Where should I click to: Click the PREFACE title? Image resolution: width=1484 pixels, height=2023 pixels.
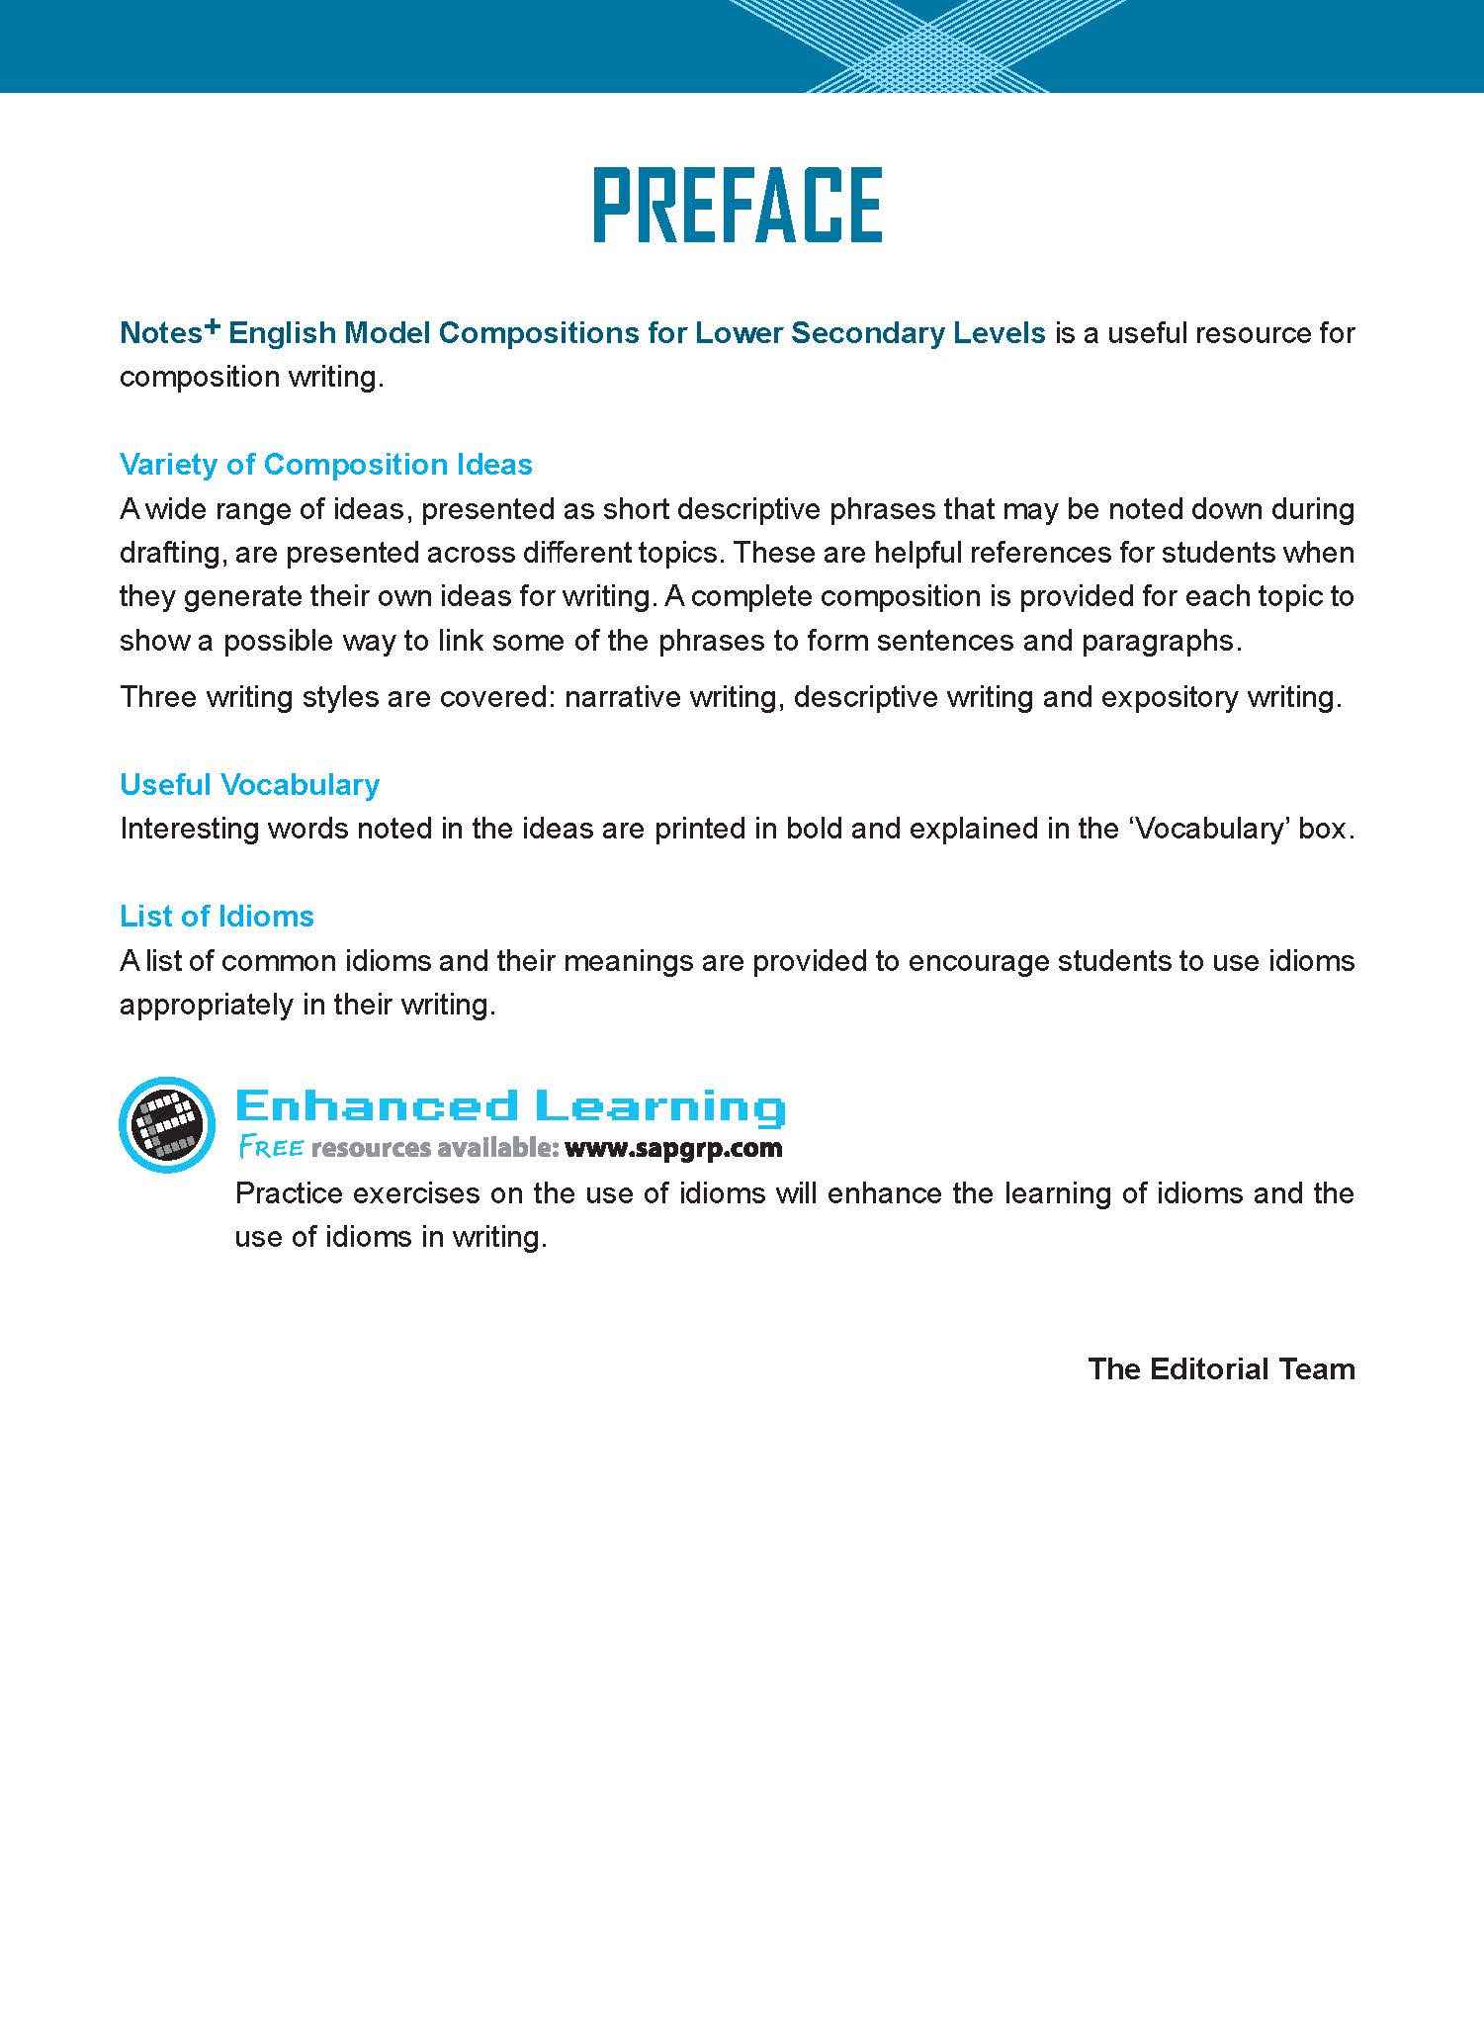coord(738,205)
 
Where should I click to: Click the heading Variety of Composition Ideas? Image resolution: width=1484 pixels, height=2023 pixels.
coord(325,464)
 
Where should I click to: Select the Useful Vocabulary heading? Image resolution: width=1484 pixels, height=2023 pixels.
coord(249,784)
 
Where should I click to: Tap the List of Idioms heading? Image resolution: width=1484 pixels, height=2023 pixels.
coord(217,916)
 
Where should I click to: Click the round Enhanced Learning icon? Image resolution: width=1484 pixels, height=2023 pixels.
coord(166,1123)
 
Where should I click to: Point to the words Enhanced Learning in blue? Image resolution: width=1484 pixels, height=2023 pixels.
coord(510,1105)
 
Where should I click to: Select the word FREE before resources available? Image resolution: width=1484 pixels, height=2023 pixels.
coord(270,1148)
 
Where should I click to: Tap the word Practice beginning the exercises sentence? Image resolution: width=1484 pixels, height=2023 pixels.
coord(289,1193)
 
